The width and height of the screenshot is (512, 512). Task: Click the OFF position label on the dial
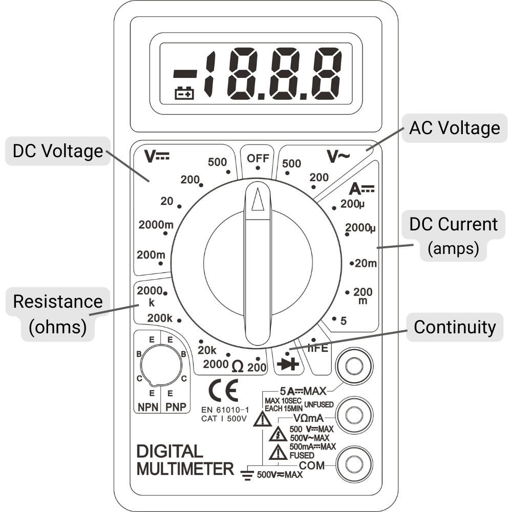point(258,158)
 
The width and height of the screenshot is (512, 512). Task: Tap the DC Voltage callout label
point(58,151)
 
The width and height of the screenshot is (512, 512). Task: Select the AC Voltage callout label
point(455,127)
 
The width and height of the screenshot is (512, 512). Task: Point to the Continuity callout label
point(455,327)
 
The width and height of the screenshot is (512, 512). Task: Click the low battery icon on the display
point(184,93)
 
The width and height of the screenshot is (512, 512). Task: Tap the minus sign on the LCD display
point(185,74)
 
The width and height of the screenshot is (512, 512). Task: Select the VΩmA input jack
point(354,415)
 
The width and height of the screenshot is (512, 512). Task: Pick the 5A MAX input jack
point(354,366)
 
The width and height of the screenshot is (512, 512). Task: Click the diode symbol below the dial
point(288,364)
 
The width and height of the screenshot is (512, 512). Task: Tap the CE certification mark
point(223,391)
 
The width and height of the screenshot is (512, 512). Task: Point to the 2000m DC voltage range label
point(156,225)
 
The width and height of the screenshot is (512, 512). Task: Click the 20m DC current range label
point(366,263)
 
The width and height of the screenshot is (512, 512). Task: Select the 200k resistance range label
point(160,318)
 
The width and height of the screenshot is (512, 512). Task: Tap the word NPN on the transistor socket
point(148,407)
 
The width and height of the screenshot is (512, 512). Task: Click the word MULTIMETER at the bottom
point(185,469)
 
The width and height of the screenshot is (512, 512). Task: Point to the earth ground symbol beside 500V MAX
point(247,475)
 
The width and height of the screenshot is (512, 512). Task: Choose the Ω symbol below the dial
point(238,367)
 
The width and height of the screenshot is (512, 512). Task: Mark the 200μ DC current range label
point(352,204)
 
